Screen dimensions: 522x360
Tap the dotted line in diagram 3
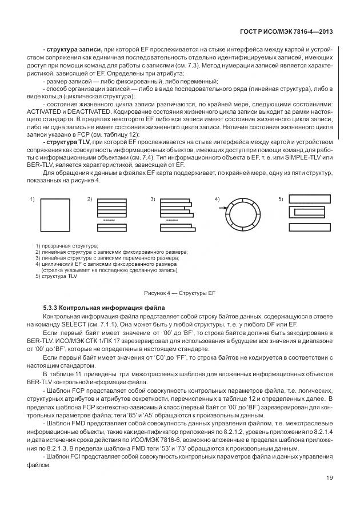tap(172, 220)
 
